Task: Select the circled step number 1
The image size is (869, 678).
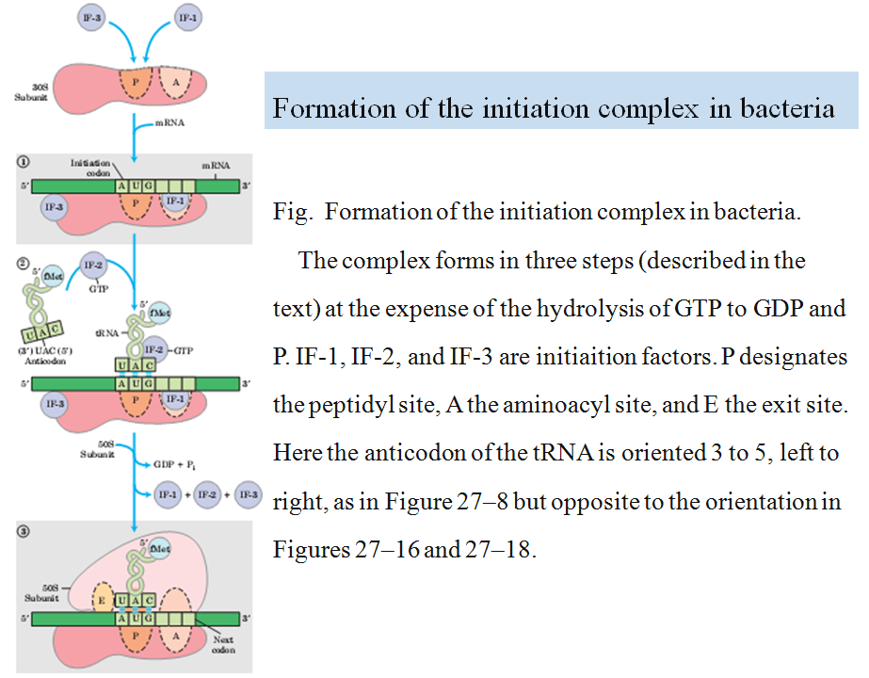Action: click(x=23, y=161)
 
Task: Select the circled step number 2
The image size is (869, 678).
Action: click(x=23, y=260)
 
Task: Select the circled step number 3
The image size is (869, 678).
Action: click(x=23, y=531)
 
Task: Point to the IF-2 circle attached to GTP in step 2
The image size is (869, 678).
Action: click(x=157, y=348)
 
